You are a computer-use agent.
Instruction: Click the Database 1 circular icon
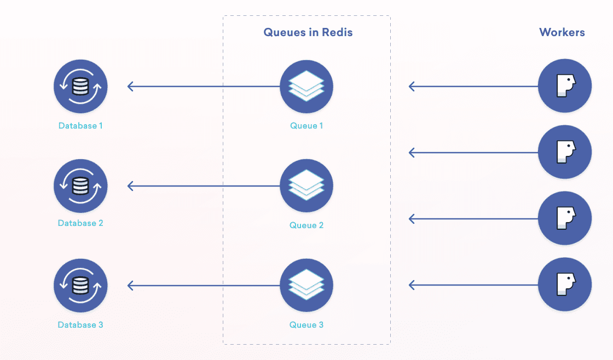click(80, 86)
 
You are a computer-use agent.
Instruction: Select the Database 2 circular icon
click(80, 186)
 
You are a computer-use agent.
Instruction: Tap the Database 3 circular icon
click(80, 286)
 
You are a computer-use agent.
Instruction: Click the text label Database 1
click(80, 126)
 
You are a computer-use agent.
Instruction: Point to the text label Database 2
click(80, 223)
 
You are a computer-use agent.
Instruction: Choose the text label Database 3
click(80, 325)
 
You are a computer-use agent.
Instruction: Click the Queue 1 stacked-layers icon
click(307, 86)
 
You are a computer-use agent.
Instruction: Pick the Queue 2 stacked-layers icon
click(307, 186)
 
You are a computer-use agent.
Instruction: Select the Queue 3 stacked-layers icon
click(307, 286)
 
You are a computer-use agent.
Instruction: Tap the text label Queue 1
click(307, 126)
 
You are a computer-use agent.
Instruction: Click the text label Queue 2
click(307, 225)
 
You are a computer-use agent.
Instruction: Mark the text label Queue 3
click(307, 325)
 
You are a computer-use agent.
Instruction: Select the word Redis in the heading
click(338, 32)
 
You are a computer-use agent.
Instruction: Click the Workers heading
click(562, 32)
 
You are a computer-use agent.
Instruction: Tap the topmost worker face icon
click(565, 86)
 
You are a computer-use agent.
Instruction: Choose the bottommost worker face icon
click(565, 284)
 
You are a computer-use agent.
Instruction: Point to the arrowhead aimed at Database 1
click(130, 86)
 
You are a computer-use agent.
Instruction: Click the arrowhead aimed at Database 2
click(130, 186)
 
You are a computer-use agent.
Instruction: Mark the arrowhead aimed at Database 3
click(130, 286)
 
